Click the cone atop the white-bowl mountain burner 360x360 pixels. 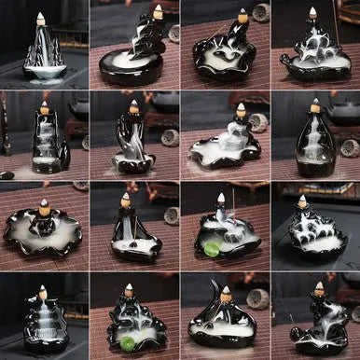[40, 18]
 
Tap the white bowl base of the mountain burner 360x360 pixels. [45, 72]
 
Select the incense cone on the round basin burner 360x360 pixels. [158, 13]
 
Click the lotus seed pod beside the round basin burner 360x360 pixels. [173, 34]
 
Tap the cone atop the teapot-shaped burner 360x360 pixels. [312, 13]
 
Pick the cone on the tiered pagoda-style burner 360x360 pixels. [41, 291]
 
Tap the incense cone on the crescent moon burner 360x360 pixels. [225, 294]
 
